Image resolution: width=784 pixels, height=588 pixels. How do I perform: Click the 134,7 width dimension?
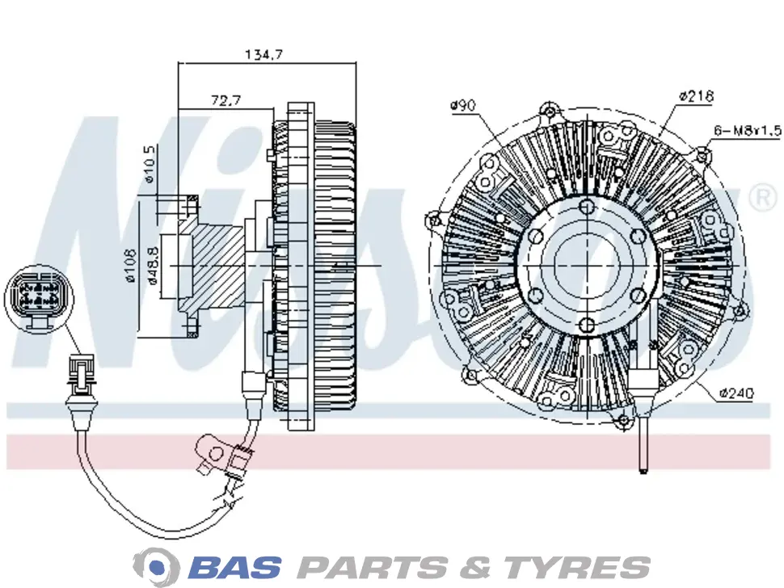tap(263, 54)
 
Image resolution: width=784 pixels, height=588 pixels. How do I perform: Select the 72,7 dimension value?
tap(226, 100)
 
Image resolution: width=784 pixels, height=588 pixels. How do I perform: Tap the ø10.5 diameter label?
tap(150, 164)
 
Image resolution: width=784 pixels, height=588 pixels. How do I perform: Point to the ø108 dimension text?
tap(130, 266)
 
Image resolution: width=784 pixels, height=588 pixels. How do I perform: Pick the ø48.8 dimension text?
tap(153, 266)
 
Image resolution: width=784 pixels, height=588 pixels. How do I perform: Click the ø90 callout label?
tap(462, 106)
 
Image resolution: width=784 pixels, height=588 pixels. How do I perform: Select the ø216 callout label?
tap(697, 95)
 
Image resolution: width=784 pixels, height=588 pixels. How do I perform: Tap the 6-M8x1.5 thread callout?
tap(747, 131)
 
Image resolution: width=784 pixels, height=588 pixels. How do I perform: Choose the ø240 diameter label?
tap(736, 393)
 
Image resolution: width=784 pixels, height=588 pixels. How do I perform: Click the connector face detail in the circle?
tap(37, 298)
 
